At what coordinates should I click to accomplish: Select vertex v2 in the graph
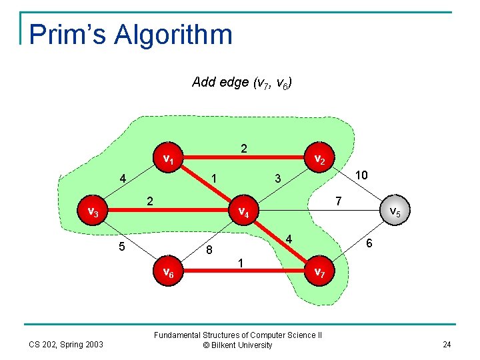tap(319, 160)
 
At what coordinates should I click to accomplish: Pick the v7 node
tap(319, 273)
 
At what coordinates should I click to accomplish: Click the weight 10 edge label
tap(361, 175)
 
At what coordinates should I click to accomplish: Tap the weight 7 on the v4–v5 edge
tap(338, 201)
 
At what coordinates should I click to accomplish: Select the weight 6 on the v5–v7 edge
tap(370, 245)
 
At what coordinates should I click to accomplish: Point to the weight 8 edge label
tap(209, 251)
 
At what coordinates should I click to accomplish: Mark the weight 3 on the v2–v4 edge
tap(278, 179)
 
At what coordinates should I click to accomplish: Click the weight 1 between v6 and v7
tap(241, 263)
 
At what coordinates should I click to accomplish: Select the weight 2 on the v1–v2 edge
tap(244, 148)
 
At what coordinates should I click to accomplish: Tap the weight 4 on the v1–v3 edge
tap(123, 179)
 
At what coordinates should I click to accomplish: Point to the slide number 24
tap(446, 345)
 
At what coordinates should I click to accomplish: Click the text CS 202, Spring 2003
tap(65, 345)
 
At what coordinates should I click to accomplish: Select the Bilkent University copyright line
tap(237, 345)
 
